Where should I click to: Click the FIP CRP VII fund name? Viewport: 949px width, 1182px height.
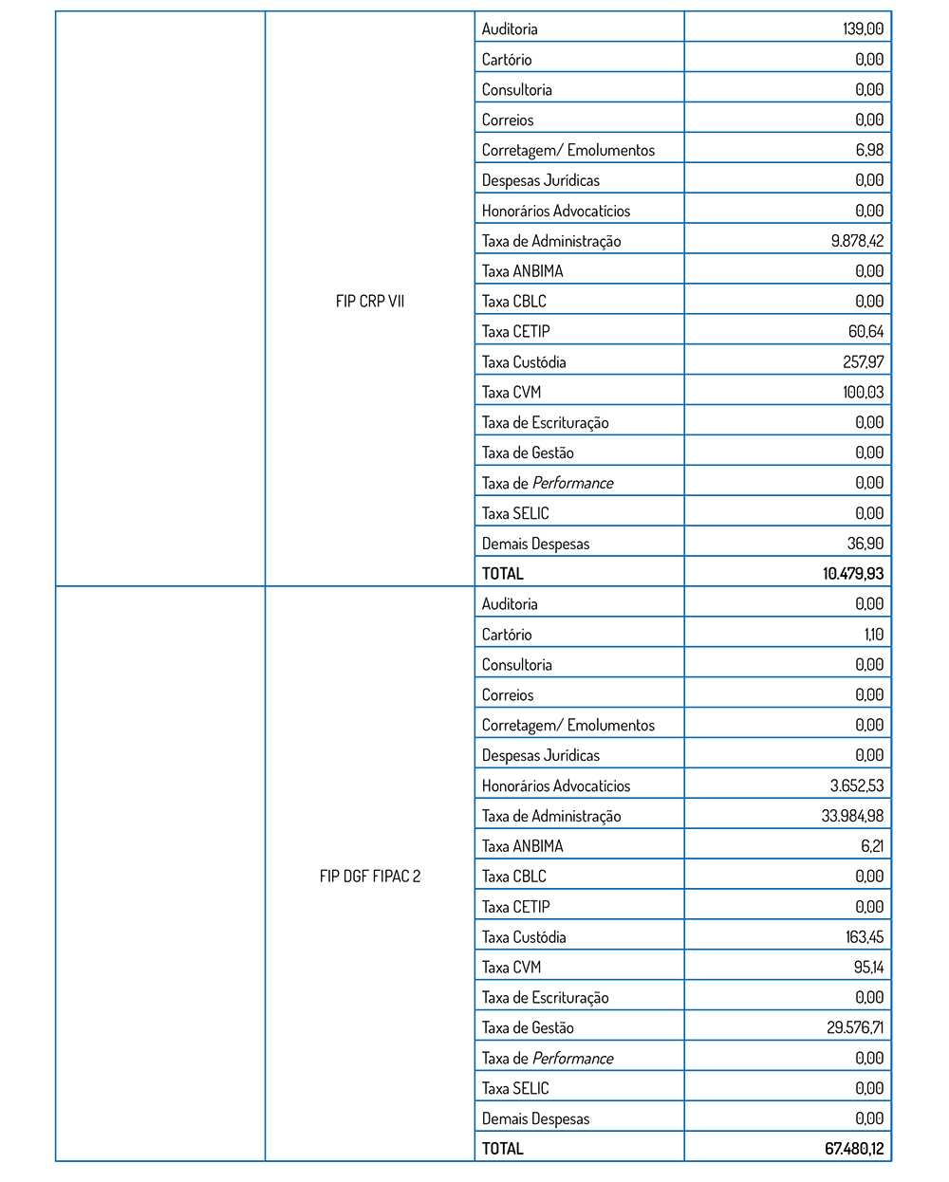pos(370,301)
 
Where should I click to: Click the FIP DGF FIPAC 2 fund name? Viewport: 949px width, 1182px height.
pos(370,876)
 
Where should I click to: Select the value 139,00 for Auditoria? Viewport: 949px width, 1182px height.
pos(863,28)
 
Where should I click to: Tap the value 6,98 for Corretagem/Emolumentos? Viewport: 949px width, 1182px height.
pos(869,150)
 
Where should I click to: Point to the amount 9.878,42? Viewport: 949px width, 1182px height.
pos(857,241)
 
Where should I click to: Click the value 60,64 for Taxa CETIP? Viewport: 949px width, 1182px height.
pos(865,331)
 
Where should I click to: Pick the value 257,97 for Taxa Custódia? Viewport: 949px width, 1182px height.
pos(863,361)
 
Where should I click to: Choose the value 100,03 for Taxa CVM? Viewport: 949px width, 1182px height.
pos(863,392)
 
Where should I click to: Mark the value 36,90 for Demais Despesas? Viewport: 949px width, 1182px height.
pos(865,544)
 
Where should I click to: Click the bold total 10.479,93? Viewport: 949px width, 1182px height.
pos(853,573)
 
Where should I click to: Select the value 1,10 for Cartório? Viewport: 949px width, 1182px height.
pos(874,634)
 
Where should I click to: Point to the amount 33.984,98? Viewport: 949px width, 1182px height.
pos(852,816)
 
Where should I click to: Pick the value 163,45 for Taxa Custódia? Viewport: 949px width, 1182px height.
pos(865,936)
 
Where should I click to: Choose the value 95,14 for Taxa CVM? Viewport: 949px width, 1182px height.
pos(868,967)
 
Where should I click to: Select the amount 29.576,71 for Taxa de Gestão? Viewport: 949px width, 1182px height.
pos(855,1027)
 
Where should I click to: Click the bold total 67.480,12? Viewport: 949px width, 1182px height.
pos(854,1148)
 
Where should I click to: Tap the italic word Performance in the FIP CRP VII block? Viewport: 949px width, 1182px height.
pos(573,483)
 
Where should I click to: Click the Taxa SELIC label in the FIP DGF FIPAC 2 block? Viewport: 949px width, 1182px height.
pos(515,1088)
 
